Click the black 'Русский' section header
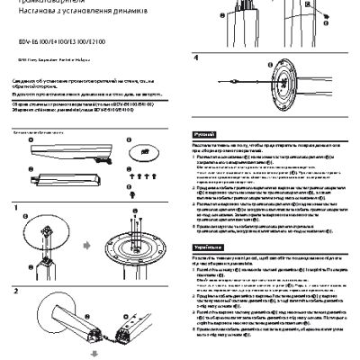coord(203,134)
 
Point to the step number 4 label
coord(196,56)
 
